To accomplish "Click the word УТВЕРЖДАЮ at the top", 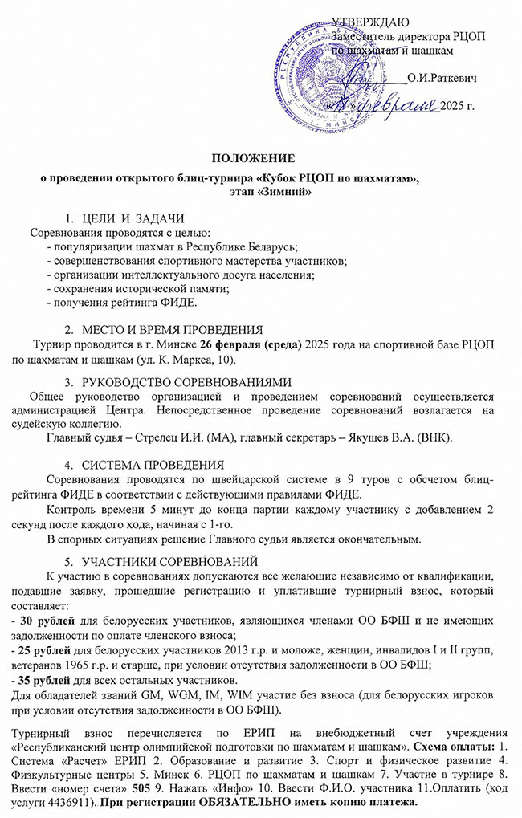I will (375, 18).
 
